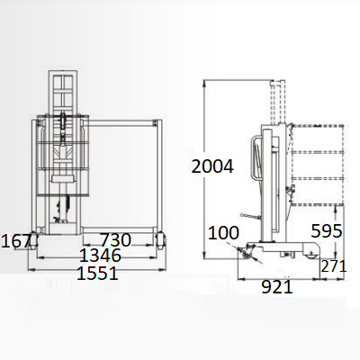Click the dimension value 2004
[x=212, y=166]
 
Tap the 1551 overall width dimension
[x=97, y=274]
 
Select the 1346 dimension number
[x=100, y=256]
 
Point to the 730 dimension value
[x=115, y=239]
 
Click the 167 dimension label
[x=16, y=241]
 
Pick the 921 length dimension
[x=277, y=287]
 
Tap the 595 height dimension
[x=327, y=231]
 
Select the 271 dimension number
[x=334, y=266]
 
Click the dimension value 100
[x=223, y=233]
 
